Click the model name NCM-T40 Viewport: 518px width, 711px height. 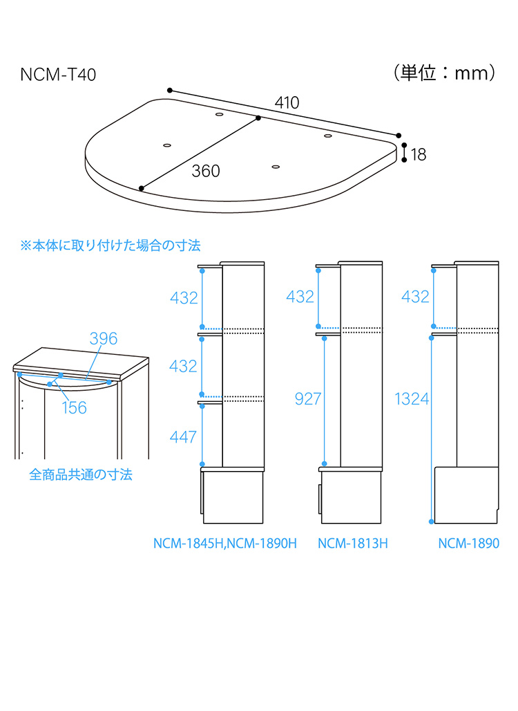58,75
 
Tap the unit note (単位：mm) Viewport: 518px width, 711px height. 443,73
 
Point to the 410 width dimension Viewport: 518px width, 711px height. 287,103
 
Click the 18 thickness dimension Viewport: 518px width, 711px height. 419,154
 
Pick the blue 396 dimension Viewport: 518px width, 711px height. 104,338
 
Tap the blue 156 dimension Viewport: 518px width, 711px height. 75,407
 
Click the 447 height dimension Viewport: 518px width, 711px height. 184,436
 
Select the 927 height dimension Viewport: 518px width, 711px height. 308,398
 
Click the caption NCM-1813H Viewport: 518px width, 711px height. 352,544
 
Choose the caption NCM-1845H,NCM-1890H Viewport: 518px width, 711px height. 224,544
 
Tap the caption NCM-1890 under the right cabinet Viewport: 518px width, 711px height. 468,544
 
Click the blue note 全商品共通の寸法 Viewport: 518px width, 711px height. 81,474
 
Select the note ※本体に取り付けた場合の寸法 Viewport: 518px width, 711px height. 111,246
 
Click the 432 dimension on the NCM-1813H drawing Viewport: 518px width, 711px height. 300,297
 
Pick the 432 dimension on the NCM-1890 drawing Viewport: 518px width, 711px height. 415,297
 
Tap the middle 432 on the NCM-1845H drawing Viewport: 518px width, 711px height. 184,366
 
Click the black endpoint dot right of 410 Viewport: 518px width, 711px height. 399,136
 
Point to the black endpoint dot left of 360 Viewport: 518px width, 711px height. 142,188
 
